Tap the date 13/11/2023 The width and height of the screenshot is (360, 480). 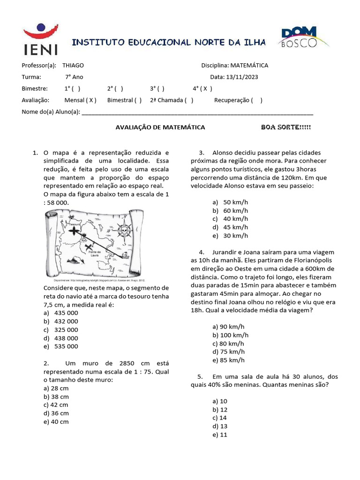coord(242,77)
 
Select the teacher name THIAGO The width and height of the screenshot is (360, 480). coord(73,66)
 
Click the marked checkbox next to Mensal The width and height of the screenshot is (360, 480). coord(91,100)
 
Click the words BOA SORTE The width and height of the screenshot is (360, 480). coord(285,127)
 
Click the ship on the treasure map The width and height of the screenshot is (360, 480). coord(125,255)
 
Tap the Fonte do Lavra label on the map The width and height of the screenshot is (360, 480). coord(96,253)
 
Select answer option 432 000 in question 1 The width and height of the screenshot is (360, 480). coord(67,321)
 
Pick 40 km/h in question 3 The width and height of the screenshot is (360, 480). coord(236,218)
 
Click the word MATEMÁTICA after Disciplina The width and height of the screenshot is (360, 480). coord(249,66)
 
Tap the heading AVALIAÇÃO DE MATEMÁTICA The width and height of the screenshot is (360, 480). coord(160,127)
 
